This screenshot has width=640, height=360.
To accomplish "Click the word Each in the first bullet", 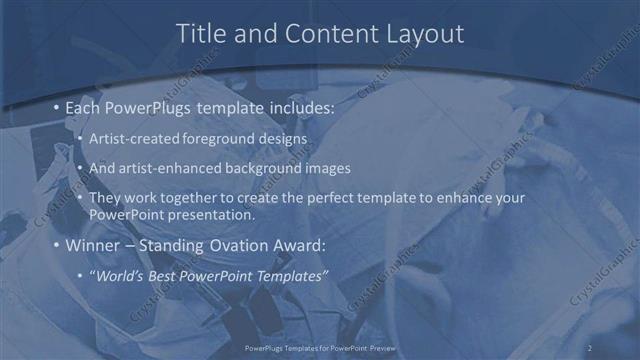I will [82, 106].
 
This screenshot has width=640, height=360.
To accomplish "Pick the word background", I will [261, 168].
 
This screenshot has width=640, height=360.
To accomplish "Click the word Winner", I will [92, 245].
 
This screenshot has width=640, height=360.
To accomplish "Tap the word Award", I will [297, 245].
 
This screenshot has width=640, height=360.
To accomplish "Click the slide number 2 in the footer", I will [590, 348].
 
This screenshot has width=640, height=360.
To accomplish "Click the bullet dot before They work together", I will [80, 199].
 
